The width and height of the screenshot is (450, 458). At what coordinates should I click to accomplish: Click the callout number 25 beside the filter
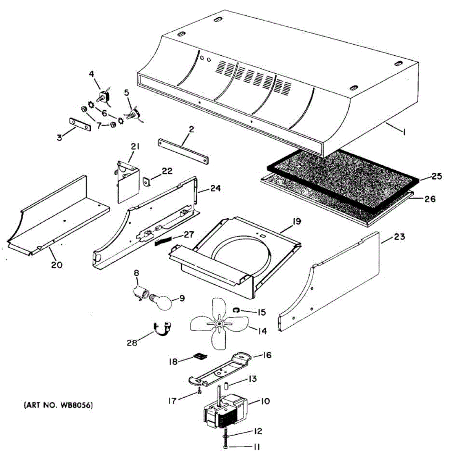437,176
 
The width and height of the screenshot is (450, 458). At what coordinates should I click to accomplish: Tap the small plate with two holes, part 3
80,124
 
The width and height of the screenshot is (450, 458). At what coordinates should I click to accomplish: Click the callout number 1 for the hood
404,132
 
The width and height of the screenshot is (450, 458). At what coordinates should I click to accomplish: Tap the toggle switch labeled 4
103,96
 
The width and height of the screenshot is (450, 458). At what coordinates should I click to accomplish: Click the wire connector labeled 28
162,328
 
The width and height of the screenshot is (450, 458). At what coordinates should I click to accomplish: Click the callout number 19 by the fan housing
297,222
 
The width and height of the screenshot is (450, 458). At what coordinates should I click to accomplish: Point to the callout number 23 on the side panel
399,237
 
